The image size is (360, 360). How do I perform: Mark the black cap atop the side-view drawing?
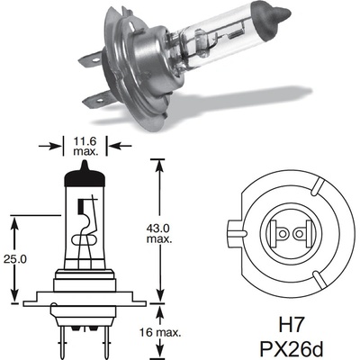pyautogui.click(x=85, y=182)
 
